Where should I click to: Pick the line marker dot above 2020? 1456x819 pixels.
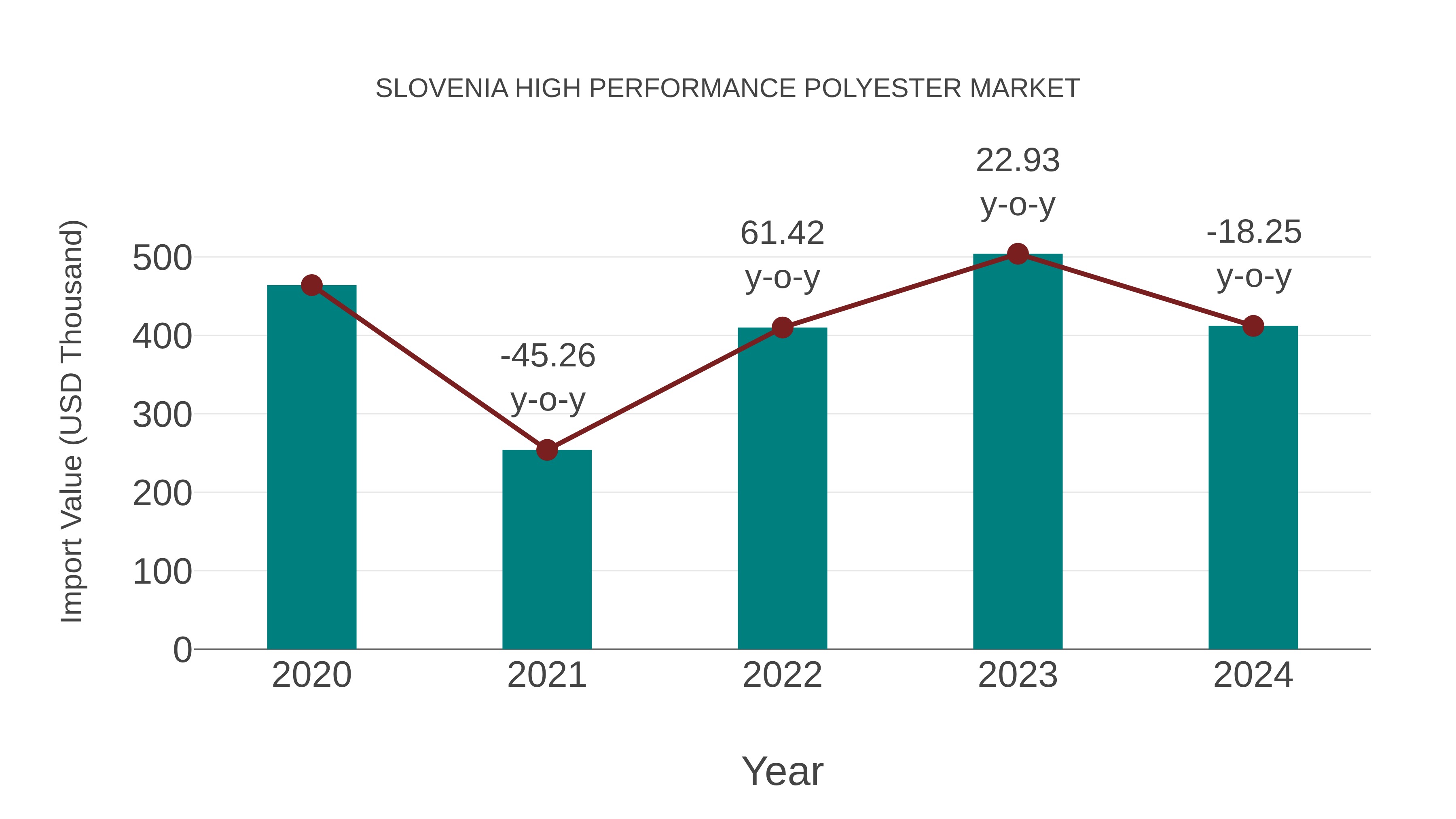[x=311, y=286]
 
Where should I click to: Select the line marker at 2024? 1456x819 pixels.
[x=1253, y=326]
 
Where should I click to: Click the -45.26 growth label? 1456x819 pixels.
[x=548, y=356]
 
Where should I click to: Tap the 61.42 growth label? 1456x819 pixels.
[x=782, y=233]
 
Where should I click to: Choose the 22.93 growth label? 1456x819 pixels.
[x=1018, y=161]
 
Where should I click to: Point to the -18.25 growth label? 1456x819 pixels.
[x=1254, y=232]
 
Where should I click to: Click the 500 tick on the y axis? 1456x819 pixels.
[x=162, y=259]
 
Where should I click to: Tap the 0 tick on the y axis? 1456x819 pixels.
[x=182, y=650]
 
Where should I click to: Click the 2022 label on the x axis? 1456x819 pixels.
[x=782, y=675]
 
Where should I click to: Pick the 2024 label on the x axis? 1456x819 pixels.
[x=1253, y=675]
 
